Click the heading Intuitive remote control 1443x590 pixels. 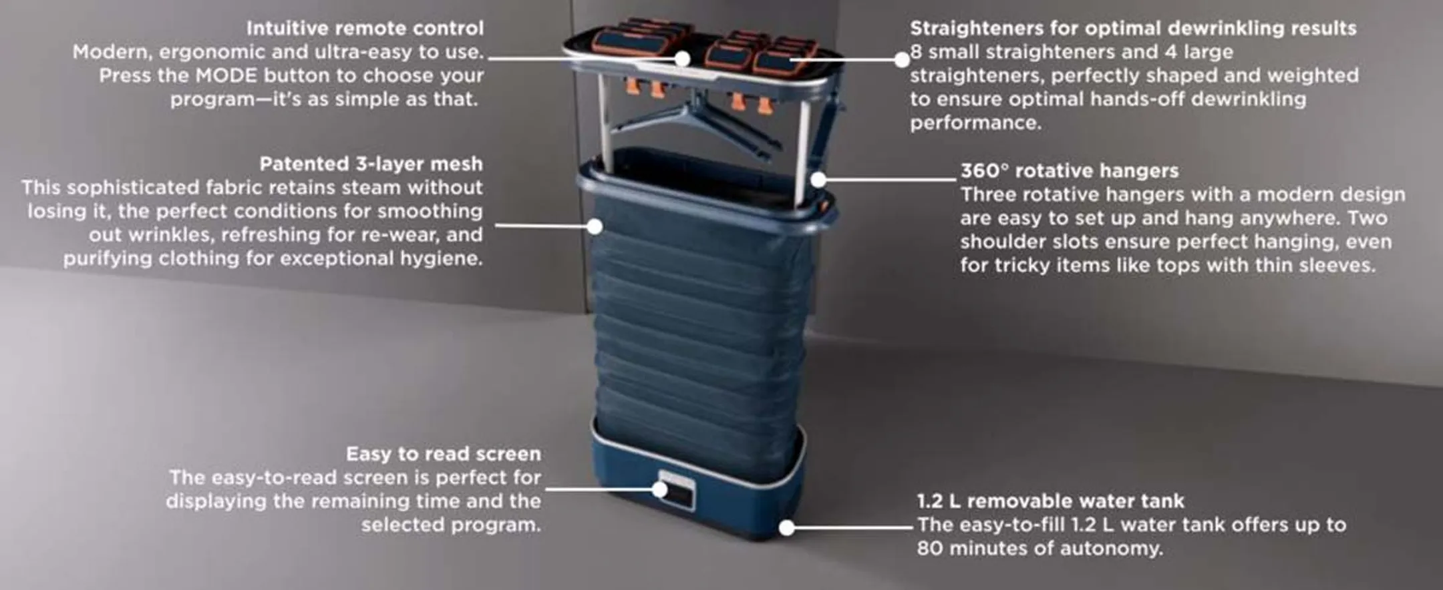(365, 28)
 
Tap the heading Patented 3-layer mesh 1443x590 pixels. (371, 164)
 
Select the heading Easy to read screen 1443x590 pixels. (444, 454)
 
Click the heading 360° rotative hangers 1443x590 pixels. (1070, 171)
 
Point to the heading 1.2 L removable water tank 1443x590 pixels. (1050, 501)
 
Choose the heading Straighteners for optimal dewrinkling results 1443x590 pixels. (1133, 28)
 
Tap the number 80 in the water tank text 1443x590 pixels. (930, 548)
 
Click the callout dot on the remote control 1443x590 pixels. (682, 59)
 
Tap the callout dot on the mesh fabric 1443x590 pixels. (595, 226)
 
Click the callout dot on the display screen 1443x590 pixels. (660, 489)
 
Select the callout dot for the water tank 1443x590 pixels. (788, 528)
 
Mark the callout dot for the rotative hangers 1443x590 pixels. (819, 179)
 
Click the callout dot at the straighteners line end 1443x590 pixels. (902, 59)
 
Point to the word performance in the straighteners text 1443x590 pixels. (975, 123)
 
